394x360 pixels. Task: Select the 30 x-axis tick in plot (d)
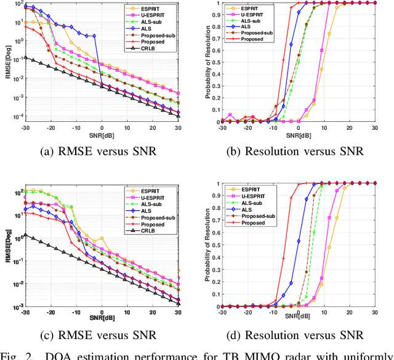tap(374, 313)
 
